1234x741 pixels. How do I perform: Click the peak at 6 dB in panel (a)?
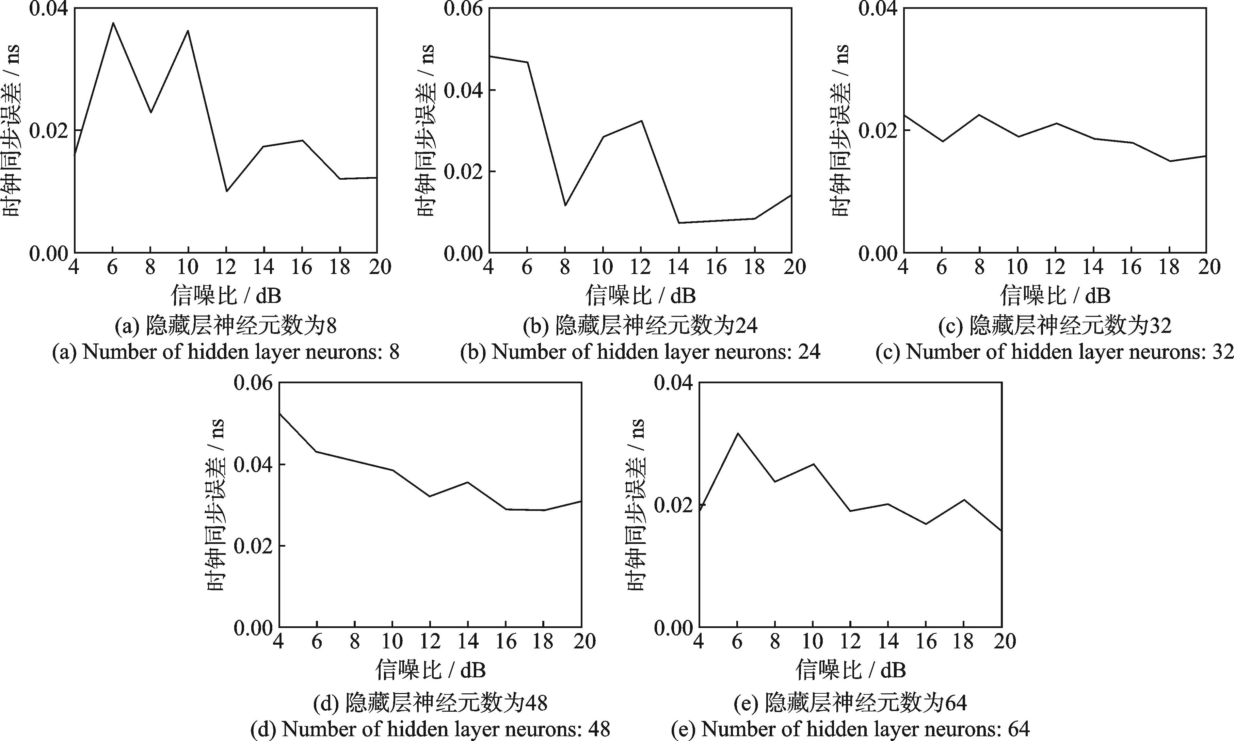point(113,22)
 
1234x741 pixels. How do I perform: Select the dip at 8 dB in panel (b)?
point(565,205)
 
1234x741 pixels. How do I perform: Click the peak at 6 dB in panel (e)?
point(737,433)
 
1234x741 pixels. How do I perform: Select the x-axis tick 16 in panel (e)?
point(926,641)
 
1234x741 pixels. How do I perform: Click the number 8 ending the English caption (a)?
point(394,353)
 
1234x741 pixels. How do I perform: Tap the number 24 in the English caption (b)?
point(808,353)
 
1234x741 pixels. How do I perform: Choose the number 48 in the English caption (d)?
point(598,729)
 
